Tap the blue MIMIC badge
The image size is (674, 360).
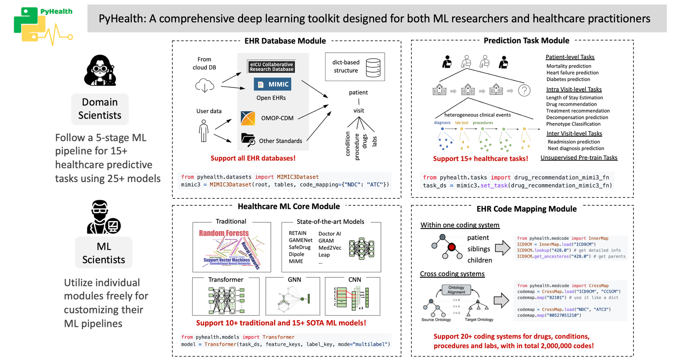point(272,84)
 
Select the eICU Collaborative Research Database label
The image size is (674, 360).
point(271,67)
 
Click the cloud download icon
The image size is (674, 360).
point(205,86)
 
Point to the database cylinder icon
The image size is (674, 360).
point(373,67)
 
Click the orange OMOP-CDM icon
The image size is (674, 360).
point(248,118)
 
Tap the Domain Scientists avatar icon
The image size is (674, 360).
point(100,70)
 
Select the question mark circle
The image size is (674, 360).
point(524,90)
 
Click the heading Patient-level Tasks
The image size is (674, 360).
point(570,57)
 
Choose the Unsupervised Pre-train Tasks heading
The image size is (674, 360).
point(579,158)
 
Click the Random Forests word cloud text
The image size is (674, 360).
point(224,233)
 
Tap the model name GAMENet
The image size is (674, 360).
point(301,240)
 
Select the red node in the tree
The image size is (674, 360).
point(452,247)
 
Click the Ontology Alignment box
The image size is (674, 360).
point(456,290)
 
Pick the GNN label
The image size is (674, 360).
point(294,279)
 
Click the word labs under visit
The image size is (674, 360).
point(374,141)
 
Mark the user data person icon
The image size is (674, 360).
point(204,131)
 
